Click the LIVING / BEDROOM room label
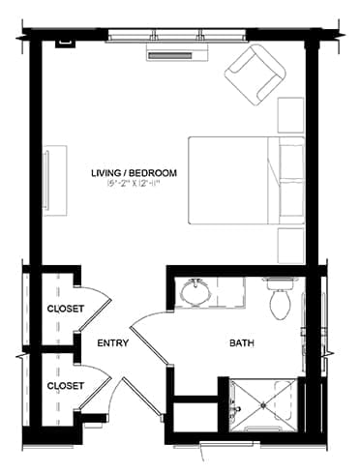(127, 172)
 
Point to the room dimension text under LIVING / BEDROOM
(127, 184)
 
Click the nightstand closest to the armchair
(291, 116)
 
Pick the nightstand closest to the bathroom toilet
(291, 246)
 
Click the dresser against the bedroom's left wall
(54, 181)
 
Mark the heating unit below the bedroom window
(171, 54)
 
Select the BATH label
(242, 342)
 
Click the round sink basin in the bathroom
(197, 289)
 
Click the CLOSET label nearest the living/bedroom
(65, 309)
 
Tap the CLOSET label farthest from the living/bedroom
(65, 384)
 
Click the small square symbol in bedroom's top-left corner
(66, 43)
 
